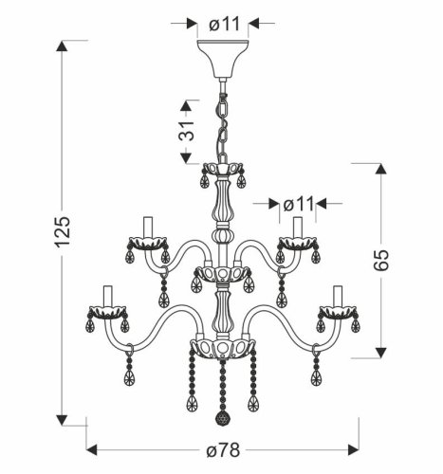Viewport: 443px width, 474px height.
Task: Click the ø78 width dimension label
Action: pos(223,449)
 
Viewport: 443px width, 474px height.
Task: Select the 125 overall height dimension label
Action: pos(63,232)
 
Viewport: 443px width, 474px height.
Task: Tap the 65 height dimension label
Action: pos(380,260)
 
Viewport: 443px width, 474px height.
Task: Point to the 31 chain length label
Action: pos(186,131)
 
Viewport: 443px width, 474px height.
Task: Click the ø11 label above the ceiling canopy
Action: pos(225,24)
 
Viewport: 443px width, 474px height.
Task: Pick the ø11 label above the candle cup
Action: pos(299,204)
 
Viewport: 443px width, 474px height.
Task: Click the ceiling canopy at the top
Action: pos(223,59)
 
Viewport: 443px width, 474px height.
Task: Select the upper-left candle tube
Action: pos(148,227)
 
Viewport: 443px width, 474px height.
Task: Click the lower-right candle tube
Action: pos(338,296)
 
